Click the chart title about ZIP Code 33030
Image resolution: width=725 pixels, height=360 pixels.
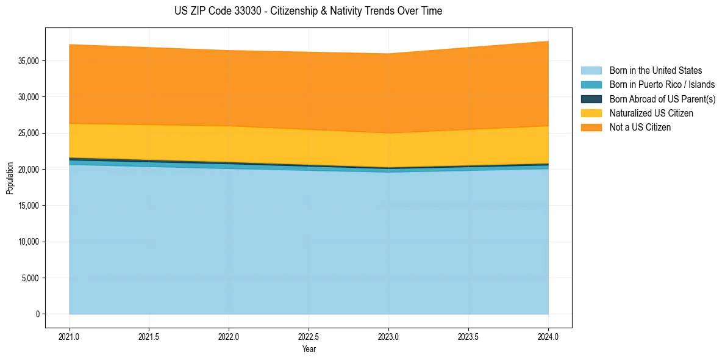coord(308,11)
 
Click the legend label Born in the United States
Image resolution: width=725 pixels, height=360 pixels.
coord(655,71)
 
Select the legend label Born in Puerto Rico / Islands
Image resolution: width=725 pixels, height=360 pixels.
coord(662,85)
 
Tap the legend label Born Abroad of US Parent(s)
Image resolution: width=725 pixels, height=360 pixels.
coord(662,99)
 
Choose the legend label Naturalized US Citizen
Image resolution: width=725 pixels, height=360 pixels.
coord(651,113)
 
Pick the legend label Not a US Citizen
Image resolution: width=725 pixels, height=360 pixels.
coord(640,128)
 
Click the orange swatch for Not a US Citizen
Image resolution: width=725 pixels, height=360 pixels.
coord(591,128)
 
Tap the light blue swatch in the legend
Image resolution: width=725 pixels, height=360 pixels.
coord(591,71)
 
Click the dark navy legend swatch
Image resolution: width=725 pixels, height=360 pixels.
coord(591,99)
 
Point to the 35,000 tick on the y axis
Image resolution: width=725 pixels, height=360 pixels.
coord(29,61)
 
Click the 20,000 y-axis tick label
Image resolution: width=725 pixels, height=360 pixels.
coord(29,170)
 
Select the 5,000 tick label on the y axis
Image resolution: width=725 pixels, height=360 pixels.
coord(31,278)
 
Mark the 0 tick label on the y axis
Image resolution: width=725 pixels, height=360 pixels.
coord(37,314)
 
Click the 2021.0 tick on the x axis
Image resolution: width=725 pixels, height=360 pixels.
coord(70,336)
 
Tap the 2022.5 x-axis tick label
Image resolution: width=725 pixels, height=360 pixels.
coord(309,336)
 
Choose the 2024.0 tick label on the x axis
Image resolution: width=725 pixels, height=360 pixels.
coord(548,336)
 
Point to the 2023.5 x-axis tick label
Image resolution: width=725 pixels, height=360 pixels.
coord(468,336)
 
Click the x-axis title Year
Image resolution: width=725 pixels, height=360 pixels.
coord(309,349)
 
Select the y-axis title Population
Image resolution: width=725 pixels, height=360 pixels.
coord(10,178)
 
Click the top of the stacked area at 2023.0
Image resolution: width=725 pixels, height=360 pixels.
coord(388,54)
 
